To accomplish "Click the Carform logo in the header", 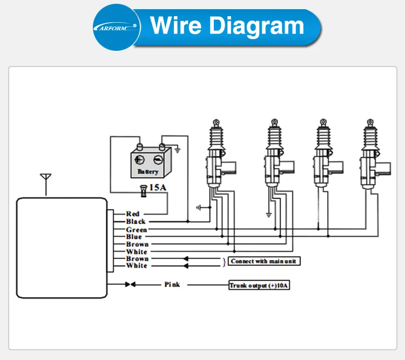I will (x=114, y=26).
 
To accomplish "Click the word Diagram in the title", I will (x=259, y=25).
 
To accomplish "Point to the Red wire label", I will (x=133, y=214).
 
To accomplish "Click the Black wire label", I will (x=136, y=222).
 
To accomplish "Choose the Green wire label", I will (x=136, y=230).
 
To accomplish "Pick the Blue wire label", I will (x=134, y=237).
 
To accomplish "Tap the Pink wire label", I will (x=172, y=284).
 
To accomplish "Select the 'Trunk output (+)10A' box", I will (x=259, y=285).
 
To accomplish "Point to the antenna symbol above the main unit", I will (x=46, y=183).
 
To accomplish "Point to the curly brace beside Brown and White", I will (x=225, y=262).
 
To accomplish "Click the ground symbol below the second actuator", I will (x=268, y=215).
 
